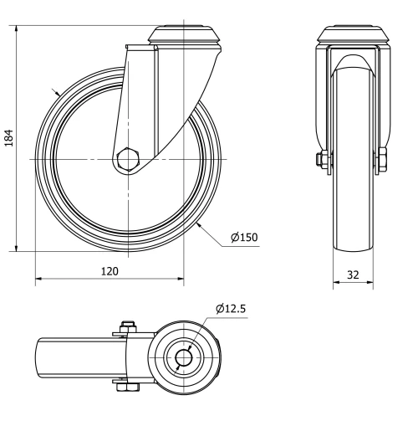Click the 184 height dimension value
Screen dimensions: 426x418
[x=9, y=137]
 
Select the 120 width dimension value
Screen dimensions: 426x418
[x=109, y=270]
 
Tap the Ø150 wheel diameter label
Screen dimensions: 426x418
[x=244, y=237]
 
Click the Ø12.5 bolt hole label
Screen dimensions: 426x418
[x=230, y=309]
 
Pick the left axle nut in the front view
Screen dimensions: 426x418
[x=323, y=159]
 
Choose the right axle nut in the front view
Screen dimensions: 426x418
[x=383, y=159]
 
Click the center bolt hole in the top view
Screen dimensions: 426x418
[x=183, y=357]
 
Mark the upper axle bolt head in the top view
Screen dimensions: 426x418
[x=127, y=326]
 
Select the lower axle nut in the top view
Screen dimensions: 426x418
[x=127, y=387]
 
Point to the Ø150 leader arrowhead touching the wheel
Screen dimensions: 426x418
[x=199, y=223]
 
